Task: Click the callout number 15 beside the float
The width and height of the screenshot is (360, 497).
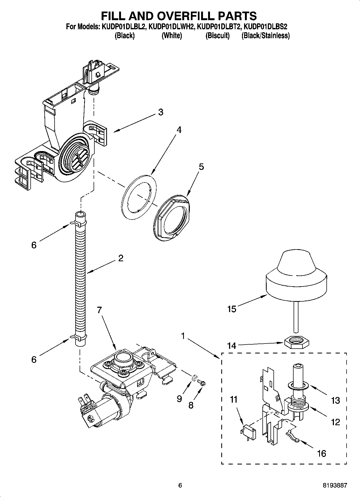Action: coord(231,309)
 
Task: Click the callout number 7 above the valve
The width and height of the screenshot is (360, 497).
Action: coord(99,310)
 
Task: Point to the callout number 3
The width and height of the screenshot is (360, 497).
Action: coord(161,112)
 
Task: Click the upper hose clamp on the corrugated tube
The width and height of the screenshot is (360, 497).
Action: coord(79,223)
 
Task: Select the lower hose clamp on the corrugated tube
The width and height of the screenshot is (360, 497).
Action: coord(79,337)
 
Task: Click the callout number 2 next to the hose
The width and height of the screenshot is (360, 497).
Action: coord(121,258)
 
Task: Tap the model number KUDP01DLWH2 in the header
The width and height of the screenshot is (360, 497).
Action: coord(171,27)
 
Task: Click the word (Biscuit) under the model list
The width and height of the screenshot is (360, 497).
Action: coord(218,35)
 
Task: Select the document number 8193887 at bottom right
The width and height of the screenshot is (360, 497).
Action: coord(335,485)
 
